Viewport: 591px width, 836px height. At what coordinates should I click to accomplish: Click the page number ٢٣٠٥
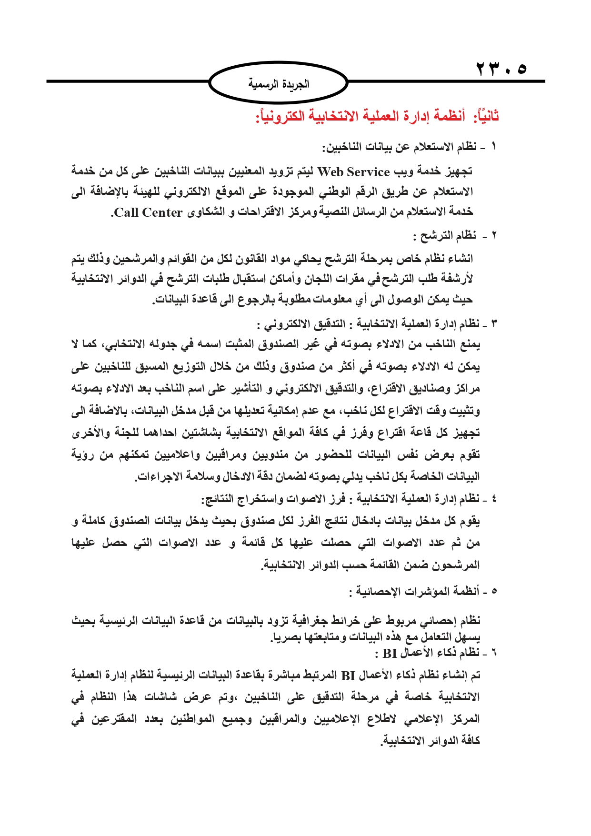pyautogui.click(x=501, y=70)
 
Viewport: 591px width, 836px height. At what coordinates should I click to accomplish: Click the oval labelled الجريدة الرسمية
pyautogui.click(x=279, y=84)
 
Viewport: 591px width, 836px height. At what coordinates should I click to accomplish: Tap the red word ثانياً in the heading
pyautogui.click(x=485, y=116)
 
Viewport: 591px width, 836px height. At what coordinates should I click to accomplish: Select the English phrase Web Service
pyautogui.click(x=354, y=171)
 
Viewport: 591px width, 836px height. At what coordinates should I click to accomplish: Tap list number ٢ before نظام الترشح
pyautogui.click(x=493, y=235)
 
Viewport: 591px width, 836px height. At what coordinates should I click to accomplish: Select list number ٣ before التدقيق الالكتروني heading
pyautogui.click(x=494, y=324)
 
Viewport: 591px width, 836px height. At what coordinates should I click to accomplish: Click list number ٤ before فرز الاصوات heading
pyautogui.click(x=494, y=499)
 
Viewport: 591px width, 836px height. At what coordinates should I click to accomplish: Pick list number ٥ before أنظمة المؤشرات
pyautogui.click(x=494, y=591)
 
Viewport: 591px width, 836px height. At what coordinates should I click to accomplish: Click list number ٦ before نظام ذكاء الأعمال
pyautogui.click(x=494, y=653)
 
